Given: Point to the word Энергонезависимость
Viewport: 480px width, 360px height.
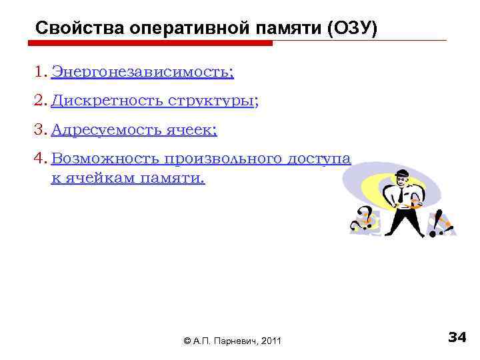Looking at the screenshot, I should pos(142,71).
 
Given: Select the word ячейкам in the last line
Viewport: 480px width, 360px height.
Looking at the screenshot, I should pos(98,178).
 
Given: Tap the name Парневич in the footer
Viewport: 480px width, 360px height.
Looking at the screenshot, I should pos(234,341).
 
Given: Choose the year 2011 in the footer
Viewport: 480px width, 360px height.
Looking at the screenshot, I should pos(272,341).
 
